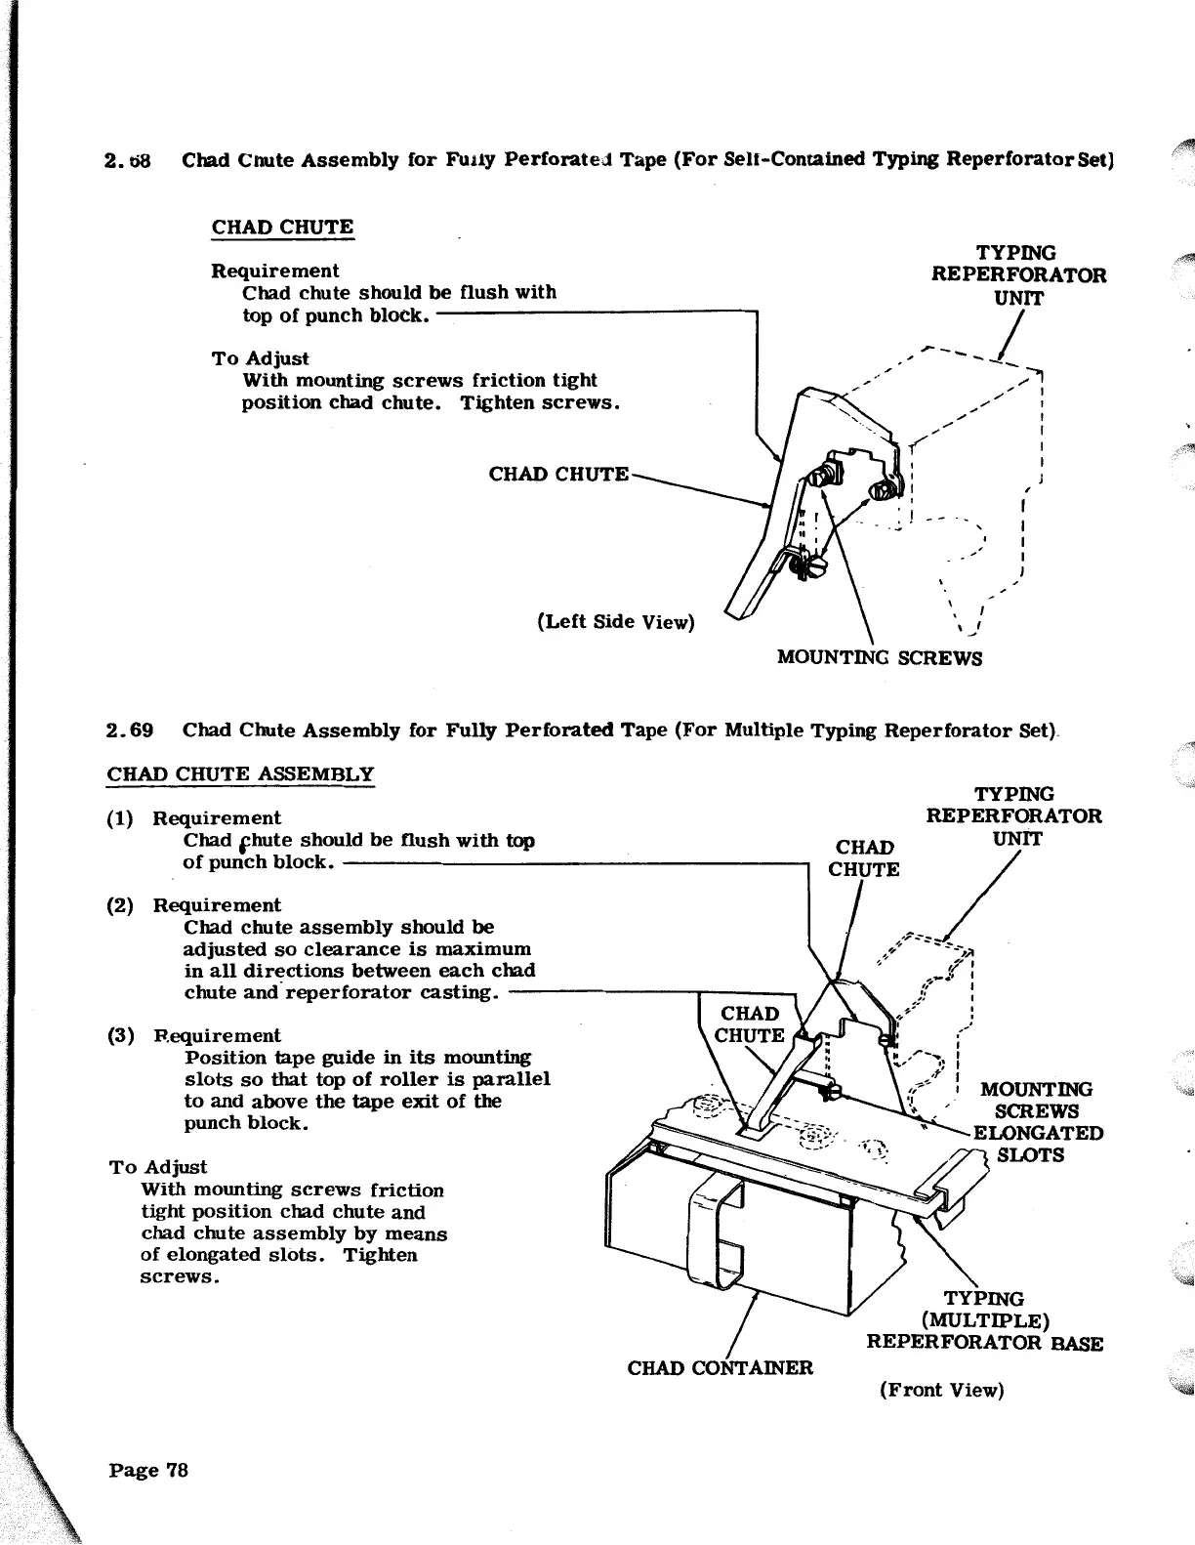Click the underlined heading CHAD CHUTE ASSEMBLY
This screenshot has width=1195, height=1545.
[240, 774]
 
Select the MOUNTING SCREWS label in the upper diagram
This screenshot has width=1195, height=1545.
[879, 657]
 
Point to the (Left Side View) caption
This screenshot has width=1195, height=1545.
[615, 622]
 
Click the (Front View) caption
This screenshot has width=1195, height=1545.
[941, 1390]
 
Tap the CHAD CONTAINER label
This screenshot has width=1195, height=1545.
[720, 1367]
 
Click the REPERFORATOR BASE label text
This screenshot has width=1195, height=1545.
[984, 1343]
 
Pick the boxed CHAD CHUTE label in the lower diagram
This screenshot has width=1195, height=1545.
[750, 1024]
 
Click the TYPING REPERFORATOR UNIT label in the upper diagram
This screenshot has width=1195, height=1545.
[1018, 275]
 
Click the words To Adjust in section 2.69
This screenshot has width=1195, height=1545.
[158, 1167]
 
